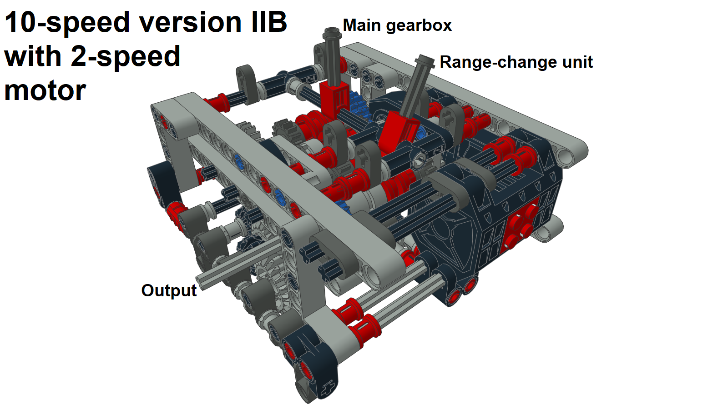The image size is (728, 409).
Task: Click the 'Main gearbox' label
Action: (397, 25)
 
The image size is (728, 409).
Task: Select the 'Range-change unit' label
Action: (516, 62)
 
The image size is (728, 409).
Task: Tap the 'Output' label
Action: (168, 290)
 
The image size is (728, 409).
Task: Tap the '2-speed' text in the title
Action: (126, 56)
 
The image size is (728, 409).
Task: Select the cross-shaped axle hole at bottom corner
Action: (327, 389)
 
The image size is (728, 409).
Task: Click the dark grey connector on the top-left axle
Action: (247, 80)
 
